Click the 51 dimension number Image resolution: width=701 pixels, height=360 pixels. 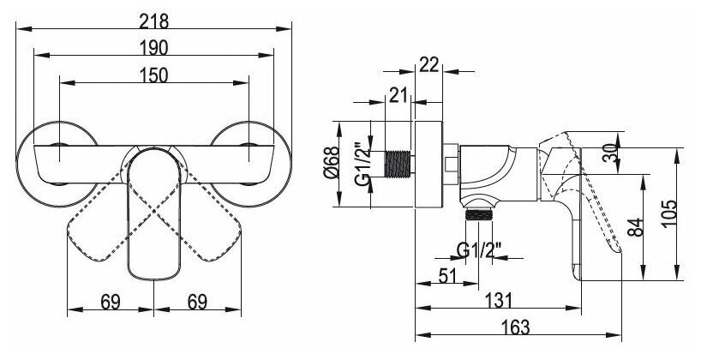tap(446, 274)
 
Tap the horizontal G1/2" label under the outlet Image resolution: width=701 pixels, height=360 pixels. tap(478, 251)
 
